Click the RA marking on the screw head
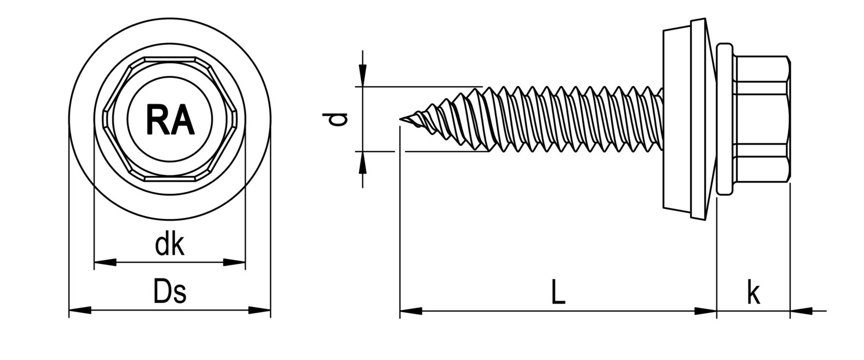[x=170, y=120]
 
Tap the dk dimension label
[x=170, y=245]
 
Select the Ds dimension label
[x=170, y=292]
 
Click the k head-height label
[x=753, y=292]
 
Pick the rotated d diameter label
[x=335, y=119]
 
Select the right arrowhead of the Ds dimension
[x=260, y=310]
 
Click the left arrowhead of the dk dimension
[x=105, y=262]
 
